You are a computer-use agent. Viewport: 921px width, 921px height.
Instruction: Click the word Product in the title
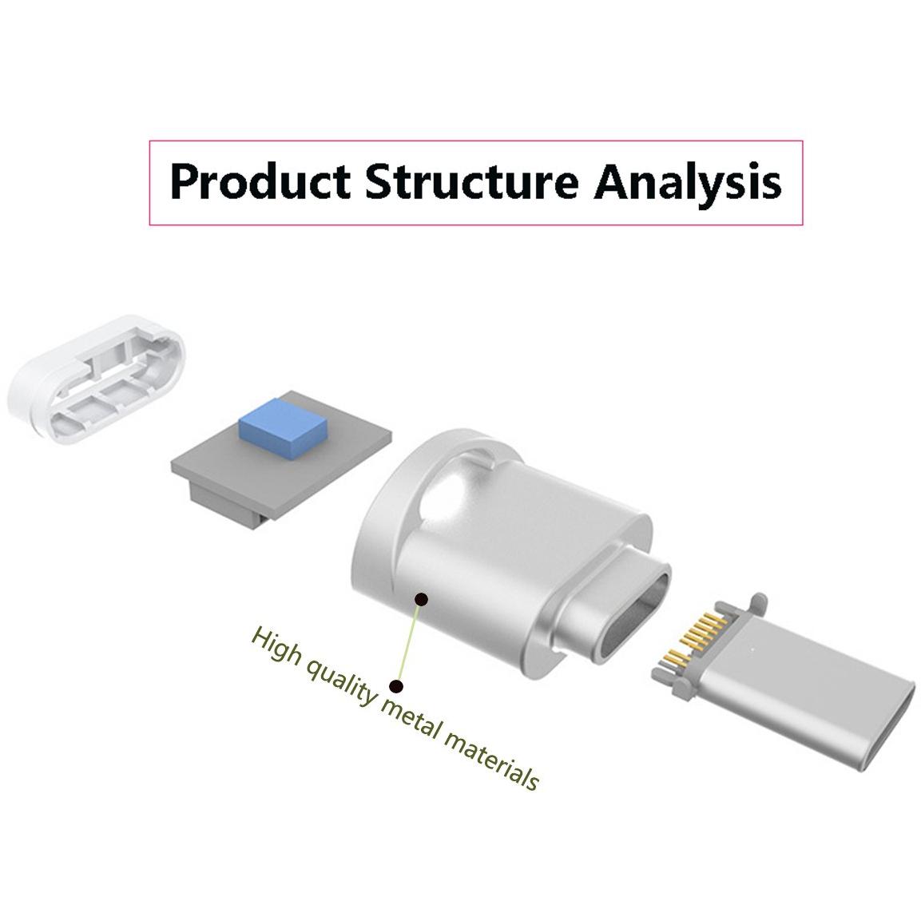pos(260,182)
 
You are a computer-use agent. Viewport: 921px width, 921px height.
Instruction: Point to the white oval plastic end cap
pos(97,379)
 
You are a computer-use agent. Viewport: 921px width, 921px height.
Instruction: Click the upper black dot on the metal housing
pos(421,599)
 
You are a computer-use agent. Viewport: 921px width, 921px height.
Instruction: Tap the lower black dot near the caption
pos(397,685)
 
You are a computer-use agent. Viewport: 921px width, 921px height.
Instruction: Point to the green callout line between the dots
pos(409,642)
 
